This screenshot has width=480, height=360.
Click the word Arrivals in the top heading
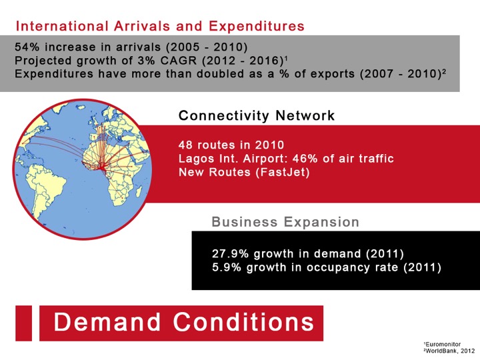point(142,26)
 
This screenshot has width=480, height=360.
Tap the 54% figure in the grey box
point(25,47)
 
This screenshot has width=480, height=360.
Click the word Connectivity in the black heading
point(224,116)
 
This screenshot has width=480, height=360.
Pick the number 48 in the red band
point(185,145)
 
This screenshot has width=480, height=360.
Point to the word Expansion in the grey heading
point(321,222)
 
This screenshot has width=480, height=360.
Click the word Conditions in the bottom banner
point(244,322)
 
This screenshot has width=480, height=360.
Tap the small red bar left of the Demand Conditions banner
point(23,323)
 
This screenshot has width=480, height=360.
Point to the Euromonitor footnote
point(443,344)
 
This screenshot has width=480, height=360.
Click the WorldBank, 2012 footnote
point(449,351)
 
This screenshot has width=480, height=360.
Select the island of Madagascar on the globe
point(139,192)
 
